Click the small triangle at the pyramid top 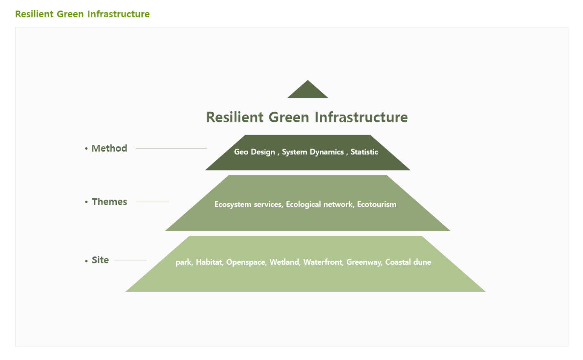pos(308,90)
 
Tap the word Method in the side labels pos(109,148)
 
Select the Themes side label pos(109,202)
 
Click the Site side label pos(100,260)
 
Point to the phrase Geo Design pos(255,152)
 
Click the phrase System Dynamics pos(313,152)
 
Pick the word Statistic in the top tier pos(364,152)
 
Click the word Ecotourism pos(377,204)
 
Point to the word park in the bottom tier pos(183,262)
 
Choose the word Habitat pos(209,262)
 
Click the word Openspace pos(246,262)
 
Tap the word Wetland pos(284,262)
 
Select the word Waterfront pos(323,262)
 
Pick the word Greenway pos(364,262)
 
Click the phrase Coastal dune pos(408,262)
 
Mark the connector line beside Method pos(171,148)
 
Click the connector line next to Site pos(131,260)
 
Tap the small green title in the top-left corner pos(82,14)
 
